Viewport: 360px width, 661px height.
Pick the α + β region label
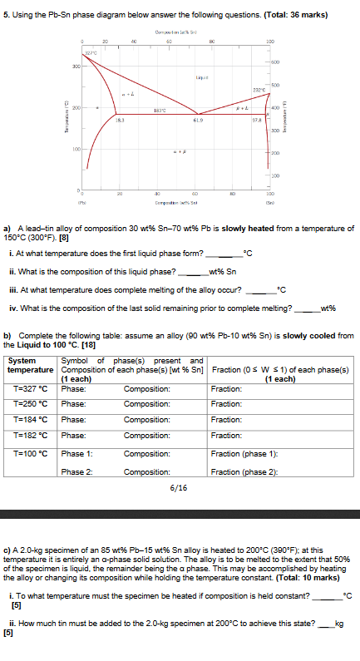tap(177, 151)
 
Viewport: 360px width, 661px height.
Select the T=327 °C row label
tap(32, 388)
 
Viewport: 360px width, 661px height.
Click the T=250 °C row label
tap(32, 403)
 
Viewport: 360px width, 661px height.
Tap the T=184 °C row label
tap(32, 418)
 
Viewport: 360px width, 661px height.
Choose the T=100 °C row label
tap(32, 453)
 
